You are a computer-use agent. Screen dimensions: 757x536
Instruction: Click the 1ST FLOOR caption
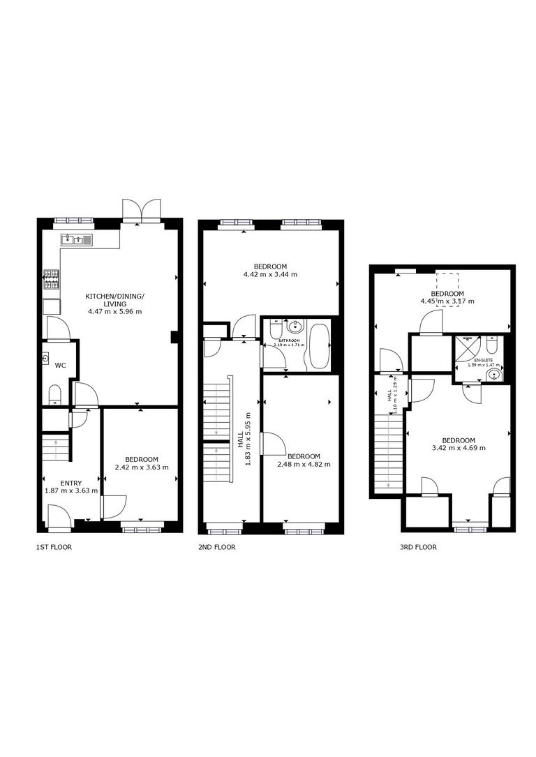pos(54,547)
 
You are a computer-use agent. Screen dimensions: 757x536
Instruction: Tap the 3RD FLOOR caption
pos(418,547)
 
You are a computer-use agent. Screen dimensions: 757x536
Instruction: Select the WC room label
pos(61,365)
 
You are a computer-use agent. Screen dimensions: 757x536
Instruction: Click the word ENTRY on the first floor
pos(70,483)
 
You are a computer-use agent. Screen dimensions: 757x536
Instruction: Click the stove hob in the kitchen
pos(52,279)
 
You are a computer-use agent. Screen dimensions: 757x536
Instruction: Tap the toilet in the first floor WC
pos(55,394)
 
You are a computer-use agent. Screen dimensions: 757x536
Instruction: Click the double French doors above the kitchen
pos(142,210)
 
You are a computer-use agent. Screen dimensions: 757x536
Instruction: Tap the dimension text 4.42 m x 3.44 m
pos(270,274)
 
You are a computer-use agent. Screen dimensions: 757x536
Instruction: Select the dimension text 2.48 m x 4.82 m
pos(304,464)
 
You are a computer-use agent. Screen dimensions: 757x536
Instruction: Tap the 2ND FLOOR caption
pos(217,547)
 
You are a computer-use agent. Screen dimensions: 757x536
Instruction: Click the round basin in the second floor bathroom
pos(295,325)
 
